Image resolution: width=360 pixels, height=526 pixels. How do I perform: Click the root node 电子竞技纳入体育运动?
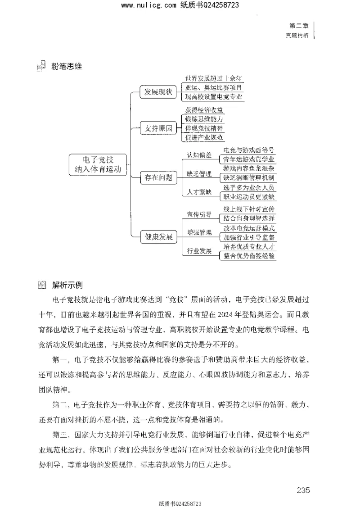97,165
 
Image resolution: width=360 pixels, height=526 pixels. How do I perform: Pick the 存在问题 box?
158,177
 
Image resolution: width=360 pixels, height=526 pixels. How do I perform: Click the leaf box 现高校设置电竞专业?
214,97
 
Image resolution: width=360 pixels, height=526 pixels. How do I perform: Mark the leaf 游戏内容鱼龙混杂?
249,169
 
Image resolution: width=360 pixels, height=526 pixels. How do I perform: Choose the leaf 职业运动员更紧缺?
249,197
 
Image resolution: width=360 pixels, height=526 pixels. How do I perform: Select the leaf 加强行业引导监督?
249,237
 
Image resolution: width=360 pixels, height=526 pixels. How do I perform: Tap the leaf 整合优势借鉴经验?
249,255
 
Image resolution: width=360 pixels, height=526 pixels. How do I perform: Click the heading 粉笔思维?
67,67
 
